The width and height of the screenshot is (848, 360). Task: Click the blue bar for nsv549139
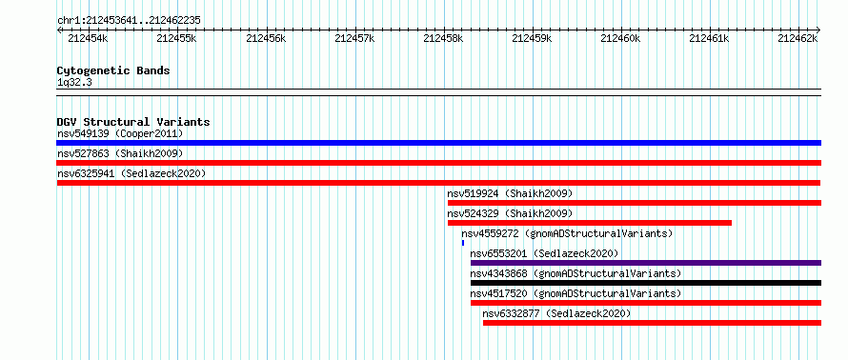point(438,143)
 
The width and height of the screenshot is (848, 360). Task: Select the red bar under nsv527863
point(438,163)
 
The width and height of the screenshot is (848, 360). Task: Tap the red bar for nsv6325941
point(438,183)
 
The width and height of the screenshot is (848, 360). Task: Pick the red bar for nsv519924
point(635,203)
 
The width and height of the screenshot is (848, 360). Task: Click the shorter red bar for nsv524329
point(590,223)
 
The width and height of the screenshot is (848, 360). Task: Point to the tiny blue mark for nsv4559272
point(463,243)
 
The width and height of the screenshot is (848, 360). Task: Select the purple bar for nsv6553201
point(646,263)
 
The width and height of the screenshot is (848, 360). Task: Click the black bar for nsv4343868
point(646,283)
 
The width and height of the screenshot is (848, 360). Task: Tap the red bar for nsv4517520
point(646,303)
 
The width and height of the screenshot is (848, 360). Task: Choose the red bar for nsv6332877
point(652,323)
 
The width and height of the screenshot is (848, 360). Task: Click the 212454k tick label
point(88,38)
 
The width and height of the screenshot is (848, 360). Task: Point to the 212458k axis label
point(443,38)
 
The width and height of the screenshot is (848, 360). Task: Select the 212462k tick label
point(798,38)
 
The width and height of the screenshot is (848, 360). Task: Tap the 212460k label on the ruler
point(620,38)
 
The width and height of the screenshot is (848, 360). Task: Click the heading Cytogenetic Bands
point(113,70)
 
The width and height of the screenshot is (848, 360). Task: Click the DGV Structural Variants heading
point(133,122)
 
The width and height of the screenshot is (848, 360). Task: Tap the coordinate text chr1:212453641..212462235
point(129,21)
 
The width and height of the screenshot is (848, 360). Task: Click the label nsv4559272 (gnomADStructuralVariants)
point(567,233)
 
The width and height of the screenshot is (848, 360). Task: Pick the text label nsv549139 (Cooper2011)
point(120,133)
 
